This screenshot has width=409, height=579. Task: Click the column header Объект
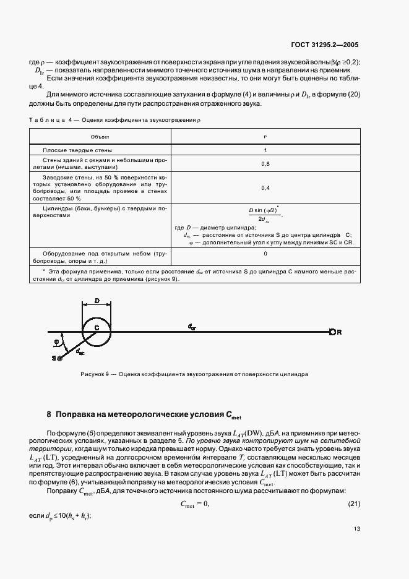100,135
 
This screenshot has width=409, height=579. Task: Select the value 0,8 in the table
265,163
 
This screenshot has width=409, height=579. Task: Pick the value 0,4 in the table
265,187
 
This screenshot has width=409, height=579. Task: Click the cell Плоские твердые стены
77,150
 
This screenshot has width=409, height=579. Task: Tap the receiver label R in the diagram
339,332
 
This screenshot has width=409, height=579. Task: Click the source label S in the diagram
54,358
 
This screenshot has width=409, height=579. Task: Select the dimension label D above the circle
97,301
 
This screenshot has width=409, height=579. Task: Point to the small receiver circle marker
332,332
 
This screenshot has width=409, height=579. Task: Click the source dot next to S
60,358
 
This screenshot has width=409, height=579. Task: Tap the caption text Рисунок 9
95,375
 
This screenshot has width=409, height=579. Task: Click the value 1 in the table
265,150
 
